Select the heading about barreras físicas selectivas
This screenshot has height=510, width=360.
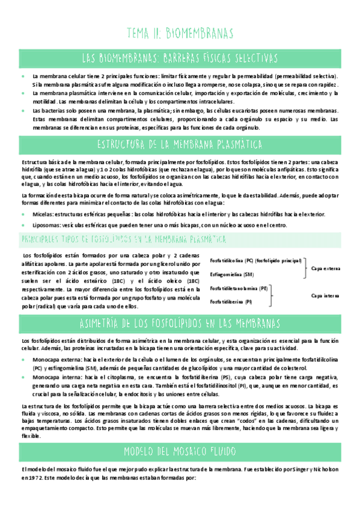(180, 58)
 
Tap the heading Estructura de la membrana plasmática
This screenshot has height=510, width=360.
(180, 144)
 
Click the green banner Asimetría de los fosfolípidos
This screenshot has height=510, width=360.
(180, 324)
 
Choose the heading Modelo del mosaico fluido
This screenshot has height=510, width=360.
(180, 451)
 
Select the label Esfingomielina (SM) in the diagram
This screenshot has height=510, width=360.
(227, 274)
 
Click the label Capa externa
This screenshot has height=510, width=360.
(325, 268)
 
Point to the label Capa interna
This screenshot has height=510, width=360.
(325, 295)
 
